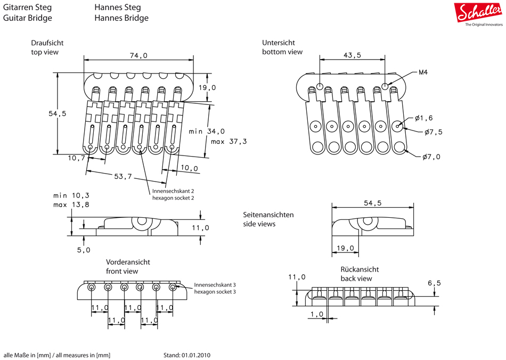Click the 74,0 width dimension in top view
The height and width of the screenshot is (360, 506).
[x=138, y=55]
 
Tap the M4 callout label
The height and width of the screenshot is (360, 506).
[x=424, y=72]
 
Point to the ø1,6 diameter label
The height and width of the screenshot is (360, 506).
[x=424, y=118]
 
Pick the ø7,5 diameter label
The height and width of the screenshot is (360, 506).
[x=433, y=132]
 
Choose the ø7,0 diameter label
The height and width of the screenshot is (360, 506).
[x=431, y=157]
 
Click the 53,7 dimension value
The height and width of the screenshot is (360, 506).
[x=123, y=176]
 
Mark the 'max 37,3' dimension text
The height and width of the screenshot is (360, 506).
[x=228, y=142]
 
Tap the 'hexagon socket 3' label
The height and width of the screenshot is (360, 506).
[x=215, y=292]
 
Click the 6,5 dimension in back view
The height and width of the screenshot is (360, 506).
[x=434, y=283]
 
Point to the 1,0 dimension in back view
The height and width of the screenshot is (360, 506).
[x=316, y=314]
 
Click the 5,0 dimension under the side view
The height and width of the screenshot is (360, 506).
[x=84, y=250]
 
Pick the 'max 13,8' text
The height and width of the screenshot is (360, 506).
[x=71, y=204]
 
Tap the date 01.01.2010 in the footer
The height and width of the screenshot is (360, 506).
[x=196, y=355]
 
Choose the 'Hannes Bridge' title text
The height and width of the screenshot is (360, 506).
[x=121, y=18]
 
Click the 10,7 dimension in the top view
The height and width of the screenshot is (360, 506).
[x=77, y=158]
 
